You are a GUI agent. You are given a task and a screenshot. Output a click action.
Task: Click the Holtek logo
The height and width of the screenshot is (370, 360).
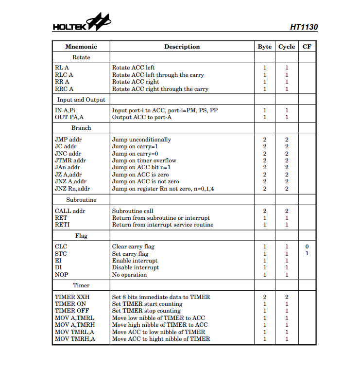[x=81, y=24]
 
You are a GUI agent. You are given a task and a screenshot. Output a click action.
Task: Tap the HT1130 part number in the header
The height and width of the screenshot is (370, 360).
[x=304, y=27]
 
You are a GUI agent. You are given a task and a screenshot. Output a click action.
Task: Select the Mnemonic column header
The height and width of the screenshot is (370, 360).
[x=81, y=47]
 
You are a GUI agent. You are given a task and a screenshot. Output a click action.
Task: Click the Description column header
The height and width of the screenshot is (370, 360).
[x=182, y=47]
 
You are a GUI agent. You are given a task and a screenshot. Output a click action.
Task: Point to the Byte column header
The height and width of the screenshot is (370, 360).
[x=264, y=47]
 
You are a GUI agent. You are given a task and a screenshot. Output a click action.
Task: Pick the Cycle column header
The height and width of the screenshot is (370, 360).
[x=287, y=47]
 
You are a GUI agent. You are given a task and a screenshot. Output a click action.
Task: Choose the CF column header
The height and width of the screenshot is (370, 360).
[x=307, y=47]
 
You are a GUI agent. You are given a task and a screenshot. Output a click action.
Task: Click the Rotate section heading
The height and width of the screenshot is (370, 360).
[x=81, y=57]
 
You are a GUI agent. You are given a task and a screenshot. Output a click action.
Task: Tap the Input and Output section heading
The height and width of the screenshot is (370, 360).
[x=81, y=100]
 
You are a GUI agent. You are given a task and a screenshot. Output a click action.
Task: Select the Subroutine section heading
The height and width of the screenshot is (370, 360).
[x=81, y=200]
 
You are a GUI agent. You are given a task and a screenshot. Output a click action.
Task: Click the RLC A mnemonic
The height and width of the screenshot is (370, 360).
[x=64, y=75]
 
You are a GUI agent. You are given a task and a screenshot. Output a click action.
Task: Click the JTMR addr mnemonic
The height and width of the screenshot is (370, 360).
[x=70, y=160]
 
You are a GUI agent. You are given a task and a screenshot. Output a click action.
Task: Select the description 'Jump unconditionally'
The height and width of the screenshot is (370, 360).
[x=141, y=140]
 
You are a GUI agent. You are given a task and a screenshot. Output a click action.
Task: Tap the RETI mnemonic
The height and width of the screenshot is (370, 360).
[x=63, y=225]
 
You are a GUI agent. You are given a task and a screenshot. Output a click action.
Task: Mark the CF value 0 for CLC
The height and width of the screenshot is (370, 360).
[x=307, y=247]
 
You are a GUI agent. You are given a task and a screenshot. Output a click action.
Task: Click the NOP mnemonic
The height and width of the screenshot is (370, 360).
[x=62, y=275]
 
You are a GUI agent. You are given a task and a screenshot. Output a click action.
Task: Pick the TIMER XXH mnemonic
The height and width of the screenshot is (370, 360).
[x=72, y=297]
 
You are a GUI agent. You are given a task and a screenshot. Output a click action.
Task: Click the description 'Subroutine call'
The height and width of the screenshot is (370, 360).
[x=133, y=211]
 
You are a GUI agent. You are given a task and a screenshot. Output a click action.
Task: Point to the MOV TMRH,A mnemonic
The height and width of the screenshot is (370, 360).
[x=75, y=339]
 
